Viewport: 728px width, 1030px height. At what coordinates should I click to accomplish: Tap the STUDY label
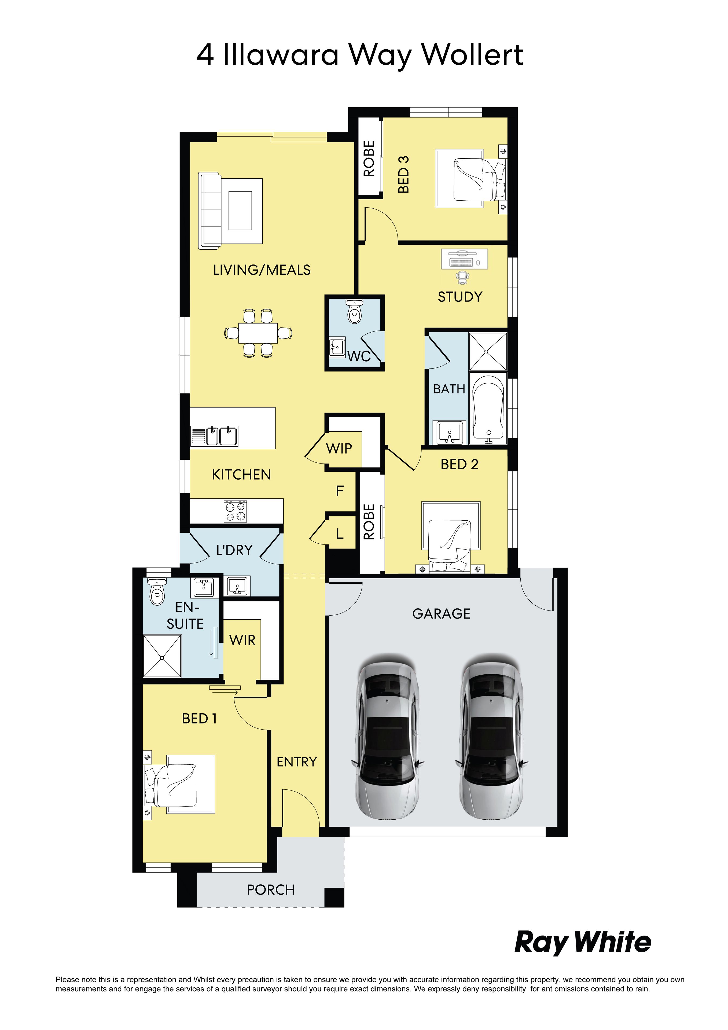click(460, 297)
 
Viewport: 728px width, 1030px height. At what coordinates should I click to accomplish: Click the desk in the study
click(464, 259)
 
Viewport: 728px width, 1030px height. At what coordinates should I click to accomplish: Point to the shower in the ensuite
click(162, 656)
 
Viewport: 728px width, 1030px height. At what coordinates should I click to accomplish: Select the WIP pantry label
click(339, 448)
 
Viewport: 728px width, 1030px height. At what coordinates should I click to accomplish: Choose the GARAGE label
click(441, 614)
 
